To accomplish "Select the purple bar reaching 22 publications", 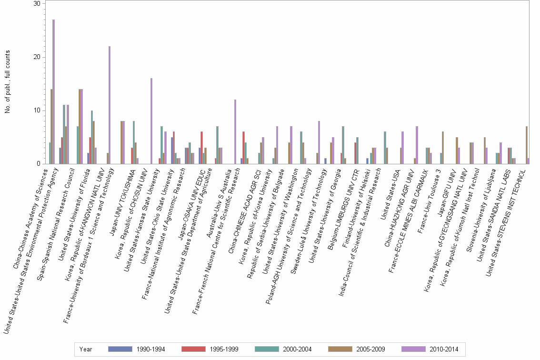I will pyautogui.click(x=110, y=105).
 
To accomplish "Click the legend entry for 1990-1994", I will pyautogui.click(x=136, y=350).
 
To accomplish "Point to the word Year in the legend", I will pyautogui.click(x=86, y=350).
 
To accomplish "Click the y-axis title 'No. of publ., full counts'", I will pyautogui.click(x=8, y=83).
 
